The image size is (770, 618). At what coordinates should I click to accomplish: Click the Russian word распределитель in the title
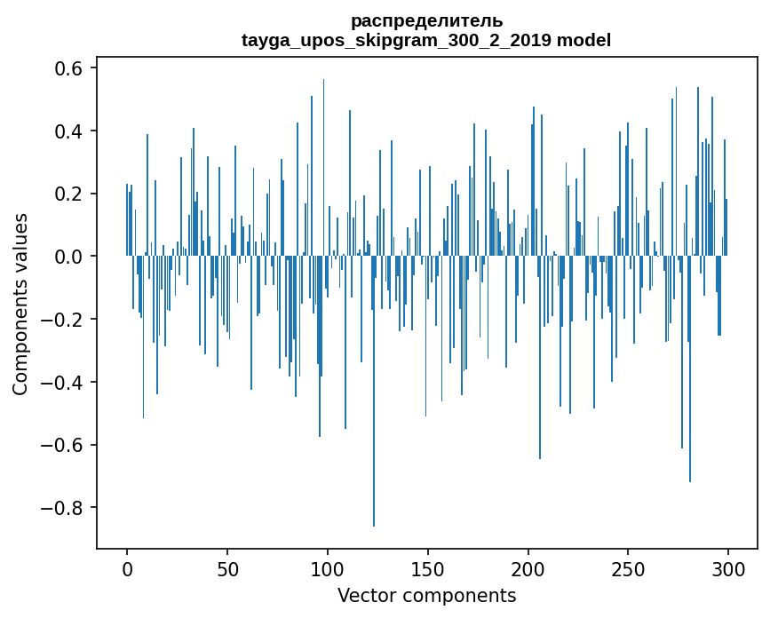coord(426,20)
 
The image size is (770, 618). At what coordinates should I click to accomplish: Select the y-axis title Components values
coord(20,304)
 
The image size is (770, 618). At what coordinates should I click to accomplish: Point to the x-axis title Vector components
coord(426,595)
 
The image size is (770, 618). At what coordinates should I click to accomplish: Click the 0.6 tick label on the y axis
coord(69,69)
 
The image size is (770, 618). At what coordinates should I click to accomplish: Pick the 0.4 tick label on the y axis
coord(69,131)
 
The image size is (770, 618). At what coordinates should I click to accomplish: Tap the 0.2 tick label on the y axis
coord(69,194)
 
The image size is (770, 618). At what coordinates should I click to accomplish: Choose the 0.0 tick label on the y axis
coord(69,257)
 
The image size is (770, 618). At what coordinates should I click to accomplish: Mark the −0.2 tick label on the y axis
coord(63,320)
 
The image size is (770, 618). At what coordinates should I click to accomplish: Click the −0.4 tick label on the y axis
coord(63,383)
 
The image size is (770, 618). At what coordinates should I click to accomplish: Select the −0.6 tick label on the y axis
coord(63,445)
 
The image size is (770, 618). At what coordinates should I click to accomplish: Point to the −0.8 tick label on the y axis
coord(63,508)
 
